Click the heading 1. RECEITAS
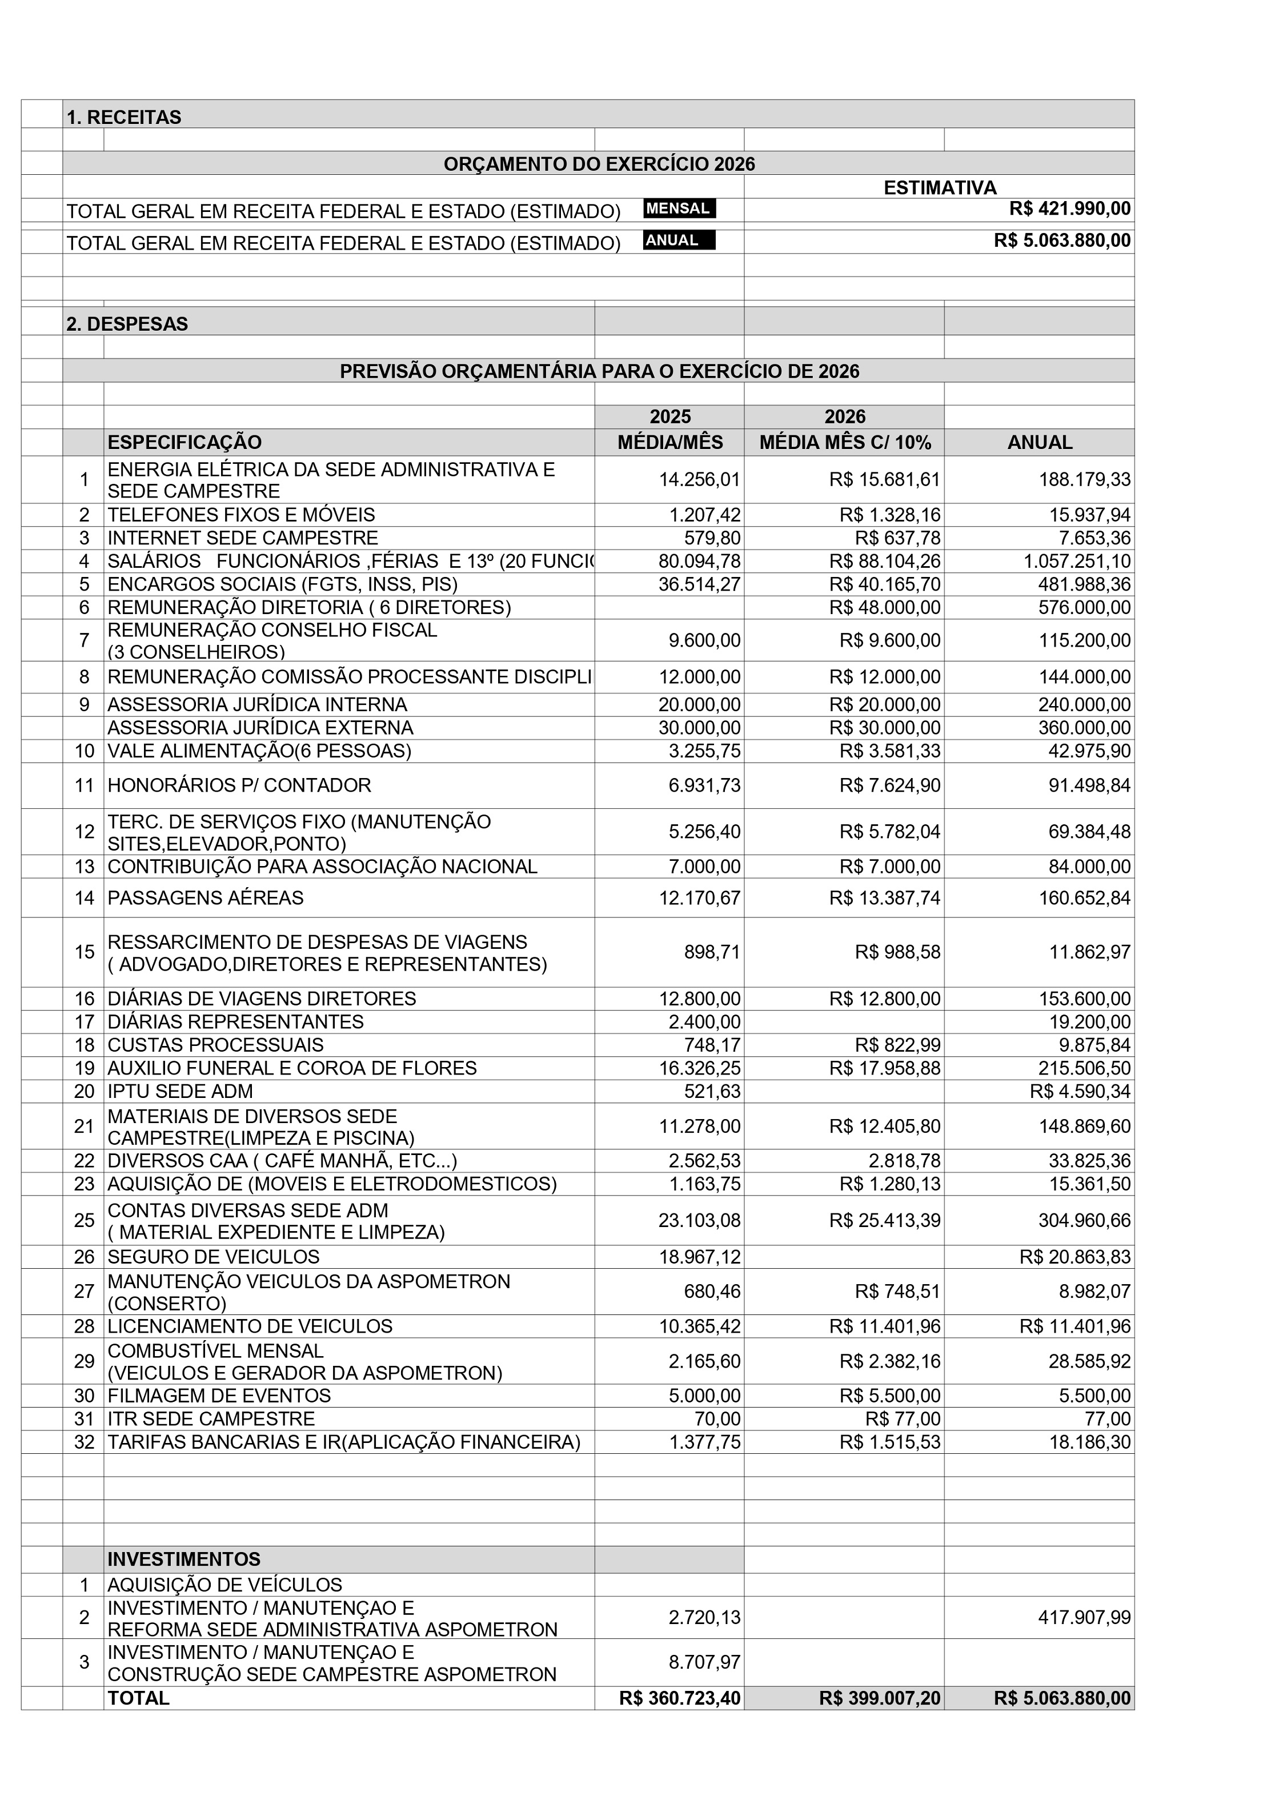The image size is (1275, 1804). [124, 117]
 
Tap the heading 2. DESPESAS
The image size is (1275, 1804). [127, 324]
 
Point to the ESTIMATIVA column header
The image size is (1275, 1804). [940, 188]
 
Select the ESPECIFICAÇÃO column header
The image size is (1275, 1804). [185, 442]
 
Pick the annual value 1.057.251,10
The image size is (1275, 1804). [1076, 562]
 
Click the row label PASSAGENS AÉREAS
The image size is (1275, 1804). [205, 898]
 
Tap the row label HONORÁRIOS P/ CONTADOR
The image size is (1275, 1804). [239, 785]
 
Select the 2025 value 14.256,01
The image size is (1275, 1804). [699, 480]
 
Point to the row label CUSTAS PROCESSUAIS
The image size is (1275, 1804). [215, 1045]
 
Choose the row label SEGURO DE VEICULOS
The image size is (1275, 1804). [214, 1257]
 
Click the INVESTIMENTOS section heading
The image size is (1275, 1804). [184, 1560]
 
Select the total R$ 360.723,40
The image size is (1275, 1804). [680, 1698]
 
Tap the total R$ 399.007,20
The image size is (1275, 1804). [879, 1698]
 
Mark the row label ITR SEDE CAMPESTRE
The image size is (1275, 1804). [211, 1419]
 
